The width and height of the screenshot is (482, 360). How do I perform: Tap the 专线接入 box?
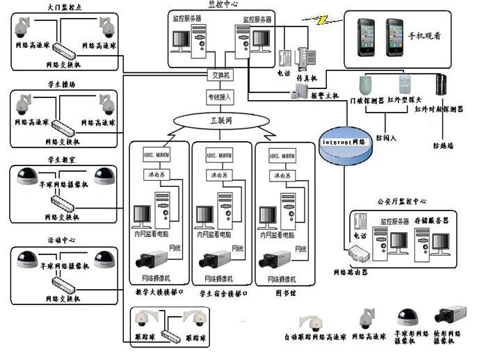pos(220,97)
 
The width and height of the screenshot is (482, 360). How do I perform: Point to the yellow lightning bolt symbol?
pos(321,20)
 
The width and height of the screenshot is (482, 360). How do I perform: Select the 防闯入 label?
pos(386,138)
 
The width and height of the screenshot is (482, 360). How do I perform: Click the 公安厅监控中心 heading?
pos(399,201)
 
